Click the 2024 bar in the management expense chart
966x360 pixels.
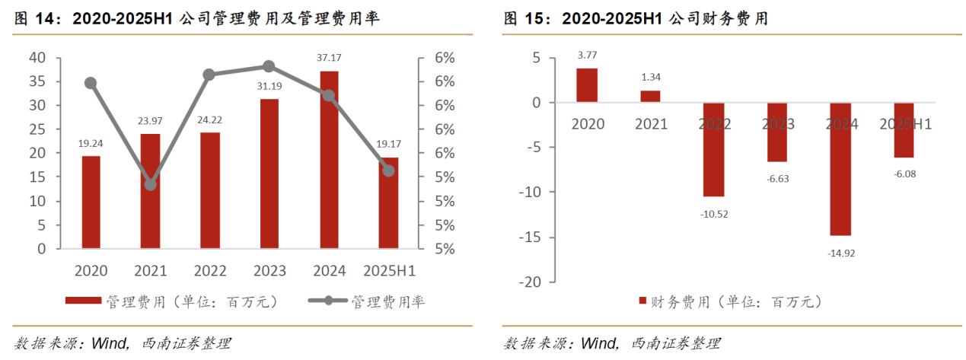click(329, 160)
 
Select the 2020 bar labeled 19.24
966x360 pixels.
click(91, 202)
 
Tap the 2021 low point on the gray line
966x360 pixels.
click(151, 184)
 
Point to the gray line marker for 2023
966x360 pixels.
click(269, 67)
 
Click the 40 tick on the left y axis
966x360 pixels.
click(37, 58)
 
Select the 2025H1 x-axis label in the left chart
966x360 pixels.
click(389, 271)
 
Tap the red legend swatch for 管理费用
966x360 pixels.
click(84, 301)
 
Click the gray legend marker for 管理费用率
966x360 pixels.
click(327, 301)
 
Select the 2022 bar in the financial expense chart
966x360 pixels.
click(714, 149)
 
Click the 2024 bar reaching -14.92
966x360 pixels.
click(841, 169)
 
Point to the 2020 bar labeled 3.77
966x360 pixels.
click(587, 84)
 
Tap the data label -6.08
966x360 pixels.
click(904, 174)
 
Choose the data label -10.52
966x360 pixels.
click(714, 214)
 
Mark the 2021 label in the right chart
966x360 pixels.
click(650, 124)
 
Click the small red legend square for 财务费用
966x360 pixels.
click(641, 301)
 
